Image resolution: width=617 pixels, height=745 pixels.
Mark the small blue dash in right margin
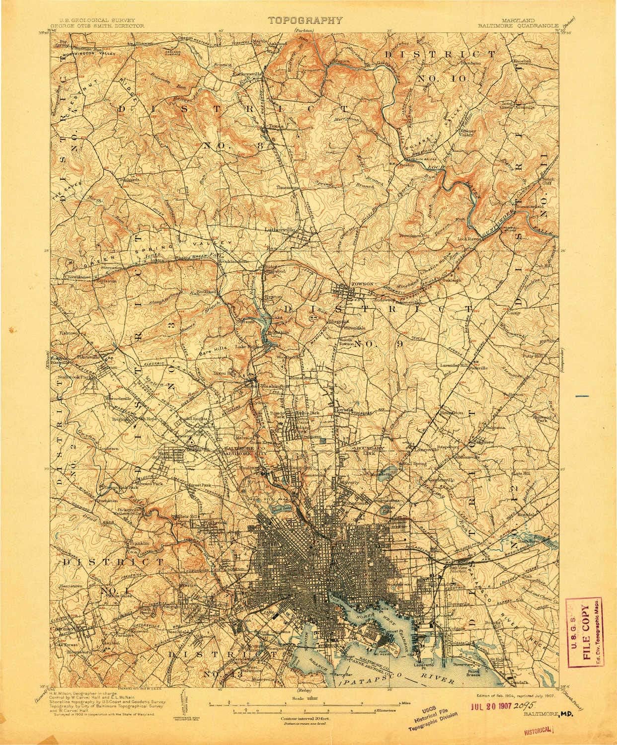[x=582, y=396]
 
